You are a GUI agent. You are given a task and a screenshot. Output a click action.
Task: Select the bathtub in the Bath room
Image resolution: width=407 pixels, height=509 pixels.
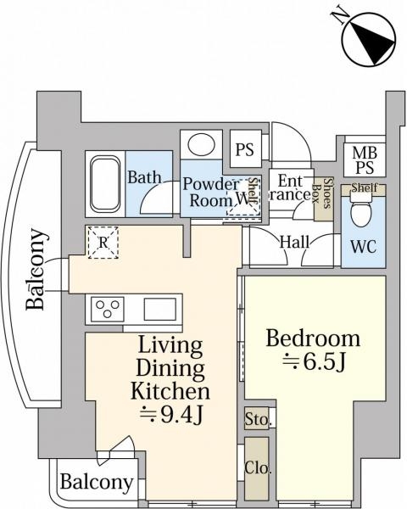[105, 184]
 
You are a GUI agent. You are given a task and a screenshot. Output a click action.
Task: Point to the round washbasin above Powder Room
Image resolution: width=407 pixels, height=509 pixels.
[201, 144]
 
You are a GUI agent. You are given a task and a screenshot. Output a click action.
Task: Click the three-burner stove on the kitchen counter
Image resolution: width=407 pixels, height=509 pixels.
[108, 309]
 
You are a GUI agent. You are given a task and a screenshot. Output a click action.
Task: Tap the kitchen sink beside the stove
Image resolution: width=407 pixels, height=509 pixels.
[160, 309]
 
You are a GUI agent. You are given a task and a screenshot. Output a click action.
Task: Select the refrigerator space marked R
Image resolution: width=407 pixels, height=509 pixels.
[103, 243]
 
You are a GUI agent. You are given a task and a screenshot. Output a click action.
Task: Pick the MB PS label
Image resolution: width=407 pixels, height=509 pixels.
[365, 159]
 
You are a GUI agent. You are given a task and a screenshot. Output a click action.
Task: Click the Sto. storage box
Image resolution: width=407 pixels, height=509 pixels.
[257, 418]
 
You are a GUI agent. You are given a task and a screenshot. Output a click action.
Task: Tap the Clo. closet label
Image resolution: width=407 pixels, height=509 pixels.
[258, 467]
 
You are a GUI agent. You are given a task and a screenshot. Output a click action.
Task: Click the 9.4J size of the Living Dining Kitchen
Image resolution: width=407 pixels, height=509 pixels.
[171, 415]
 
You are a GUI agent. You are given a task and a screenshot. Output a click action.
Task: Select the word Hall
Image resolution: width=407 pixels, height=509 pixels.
[294, 242]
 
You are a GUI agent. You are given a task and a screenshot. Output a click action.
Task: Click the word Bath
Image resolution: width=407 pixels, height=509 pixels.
[144, 177]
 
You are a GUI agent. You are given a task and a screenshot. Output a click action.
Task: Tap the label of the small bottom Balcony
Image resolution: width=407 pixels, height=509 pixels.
[97, 483]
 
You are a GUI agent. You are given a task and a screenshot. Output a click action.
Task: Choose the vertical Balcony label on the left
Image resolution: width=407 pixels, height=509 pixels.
[35, 269]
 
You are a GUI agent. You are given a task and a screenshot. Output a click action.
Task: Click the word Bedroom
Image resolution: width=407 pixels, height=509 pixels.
[313, 338]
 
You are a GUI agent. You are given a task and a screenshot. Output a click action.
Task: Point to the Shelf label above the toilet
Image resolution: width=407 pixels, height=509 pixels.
[365, 187]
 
